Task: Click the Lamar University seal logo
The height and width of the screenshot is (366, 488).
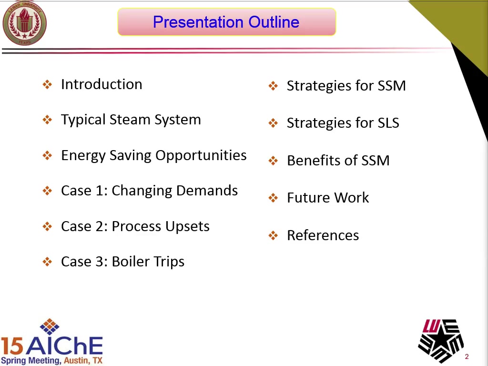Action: pyautogui.click(x=24, y=22)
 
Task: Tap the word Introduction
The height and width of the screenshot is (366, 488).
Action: pyautogui.click(x=102, y=84)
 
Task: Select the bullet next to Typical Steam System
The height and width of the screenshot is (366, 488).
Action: pyautogui.click(x=47, y=120)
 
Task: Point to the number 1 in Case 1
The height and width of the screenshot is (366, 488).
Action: pyautogui.click(x=100, y=191)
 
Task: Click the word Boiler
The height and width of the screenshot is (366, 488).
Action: pyautogui.click(x=131, y=262)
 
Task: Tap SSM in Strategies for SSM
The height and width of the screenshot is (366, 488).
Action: pyautogui.click(x=392, y=86)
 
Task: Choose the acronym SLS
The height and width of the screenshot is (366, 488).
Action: pyautogui.click(x=388, y=123)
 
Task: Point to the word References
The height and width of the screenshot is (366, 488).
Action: pyautogui.click(x=323, y=235)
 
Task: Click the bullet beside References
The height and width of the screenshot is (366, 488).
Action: pyautogui.click(x=273, y=235)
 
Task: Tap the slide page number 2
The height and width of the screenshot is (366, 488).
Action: pyautogui.click(x=467, y=356)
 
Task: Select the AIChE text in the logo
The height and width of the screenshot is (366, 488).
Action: pyautogui.click(x=64, y=346)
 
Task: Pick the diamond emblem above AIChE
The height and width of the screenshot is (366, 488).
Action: pyautogui.click(x=50, y=326)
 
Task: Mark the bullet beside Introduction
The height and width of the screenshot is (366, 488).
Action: pyautogui.click(x=47, y=84)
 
